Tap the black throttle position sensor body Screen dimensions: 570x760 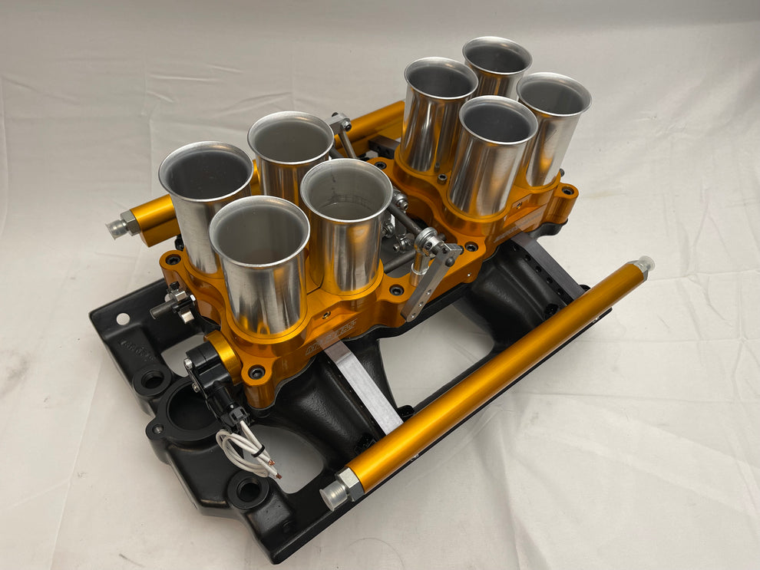pos(208,361)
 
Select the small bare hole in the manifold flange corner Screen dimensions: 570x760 pos(122,318)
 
